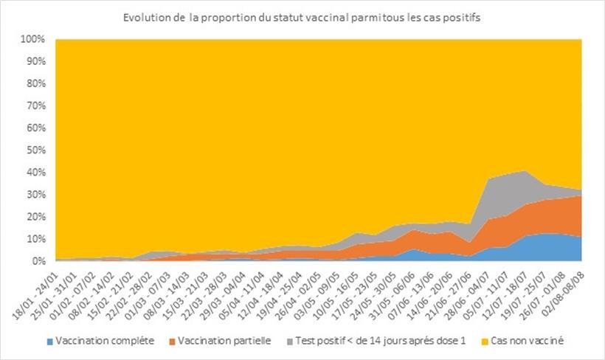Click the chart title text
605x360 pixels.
point(302,18)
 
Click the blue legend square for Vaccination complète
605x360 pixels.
point(50,341)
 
